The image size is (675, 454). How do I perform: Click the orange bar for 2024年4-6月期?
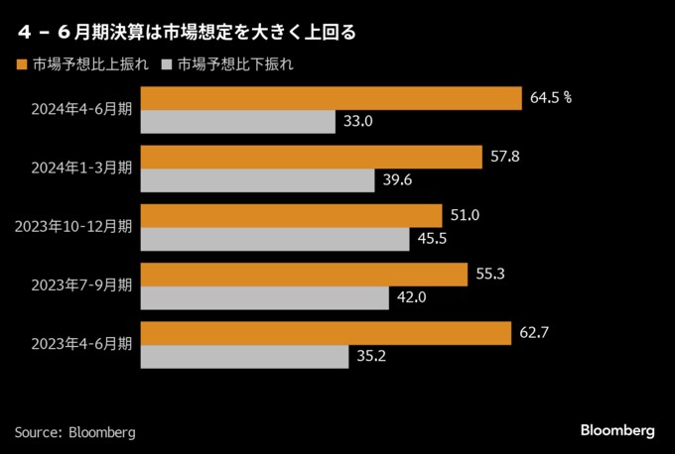(332, 98)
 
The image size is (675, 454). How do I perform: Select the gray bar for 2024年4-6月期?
(238, 122)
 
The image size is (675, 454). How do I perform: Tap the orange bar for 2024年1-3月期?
(312, 157)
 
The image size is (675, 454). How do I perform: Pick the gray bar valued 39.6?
(258, 180)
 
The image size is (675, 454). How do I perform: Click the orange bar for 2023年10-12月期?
(292, 215)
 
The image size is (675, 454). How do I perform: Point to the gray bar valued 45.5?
(275, 239)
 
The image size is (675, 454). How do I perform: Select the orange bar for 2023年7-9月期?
(305, 274)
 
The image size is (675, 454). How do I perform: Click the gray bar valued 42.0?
(265, 297)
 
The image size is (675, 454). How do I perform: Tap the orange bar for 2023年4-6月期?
(326, 332)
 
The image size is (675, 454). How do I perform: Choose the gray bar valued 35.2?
(245, 356)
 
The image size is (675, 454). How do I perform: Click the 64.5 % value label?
(553, 98)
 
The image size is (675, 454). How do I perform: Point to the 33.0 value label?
(357, 122)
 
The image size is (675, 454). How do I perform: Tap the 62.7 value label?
(534, 332)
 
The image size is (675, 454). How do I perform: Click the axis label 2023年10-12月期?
(73, 227)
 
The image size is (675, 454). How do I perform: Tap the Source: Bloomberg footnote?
(74, 432)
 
